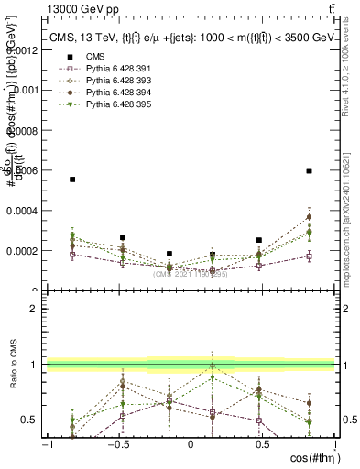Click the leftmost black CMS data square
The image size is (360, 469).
(72, 180)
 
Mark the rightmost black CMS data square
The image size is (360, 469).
(310, 170)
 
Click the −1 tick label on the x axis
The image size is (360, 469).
(47, 445)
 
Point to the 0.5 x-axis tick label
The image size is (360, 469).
(261, 445)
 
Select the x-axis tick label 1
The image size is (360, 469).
(333, 445)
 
